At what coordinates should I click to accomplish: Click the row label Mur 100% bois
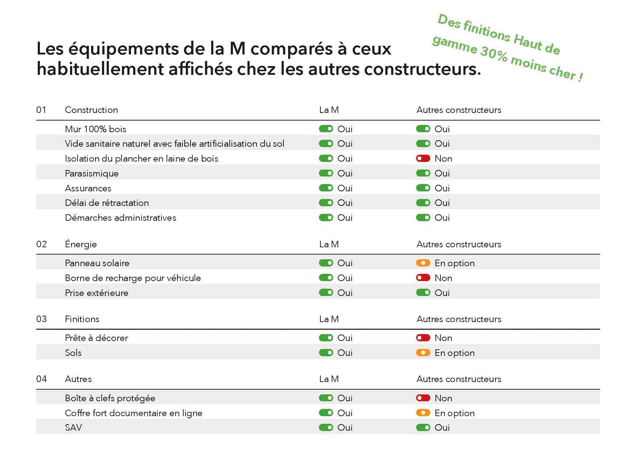pyautogui.click(x=95, y=129)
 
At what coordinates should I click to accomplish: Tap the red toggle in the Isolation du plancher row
pyautogui.click(x=423, y=158)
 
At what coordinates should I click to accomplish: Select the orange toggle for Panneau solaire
pyautogui.click(x=423, y=263)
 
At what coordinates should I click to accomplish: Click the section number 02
pyautogui.click(x=41, y=244)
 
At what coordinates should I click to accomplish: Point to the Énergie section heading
pyautogui.click(x=81, y=244)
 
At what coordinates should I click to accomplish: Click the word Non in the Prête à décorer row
pyautogui.click(x=443, y=338)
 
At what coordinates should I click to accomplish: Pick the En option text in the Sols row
pyautogui.click(x=454, y=353)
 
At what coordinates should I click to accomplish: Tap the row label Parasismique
pyautogui.click(x=92, y=174)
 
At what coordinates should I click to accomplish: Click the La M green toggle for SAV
pyautogui.click(x=326, y=427)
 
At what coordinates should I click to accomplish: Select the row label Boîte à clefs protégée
pyautogui.click(x=110, y=398)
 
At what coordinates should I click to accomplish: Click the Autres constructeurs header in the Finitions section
pyautogui.click(x=459, y=319)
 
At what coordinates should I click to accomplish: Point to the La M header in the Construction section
pyautogui.click(x=329, y=110)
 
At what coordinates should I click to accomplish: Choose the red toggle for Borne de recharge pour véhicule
pyautogui.click(x=423, y=278)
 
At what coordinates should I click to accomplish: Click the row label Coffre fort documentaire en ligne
pyautogui.click(x=134, y=413)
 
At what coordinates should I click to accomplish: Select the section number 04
pyautogui.click(x=41, y=379)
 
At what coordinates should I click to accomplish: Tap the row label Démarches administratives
pyautogui.click(x=120, y=218)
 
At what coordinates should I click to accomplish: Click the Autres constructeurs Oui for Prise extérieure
pyautogui.click(x=442, y=293)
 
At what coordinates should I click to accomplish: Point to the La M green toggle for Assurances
pyautogui.click(x=326, y=188)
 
